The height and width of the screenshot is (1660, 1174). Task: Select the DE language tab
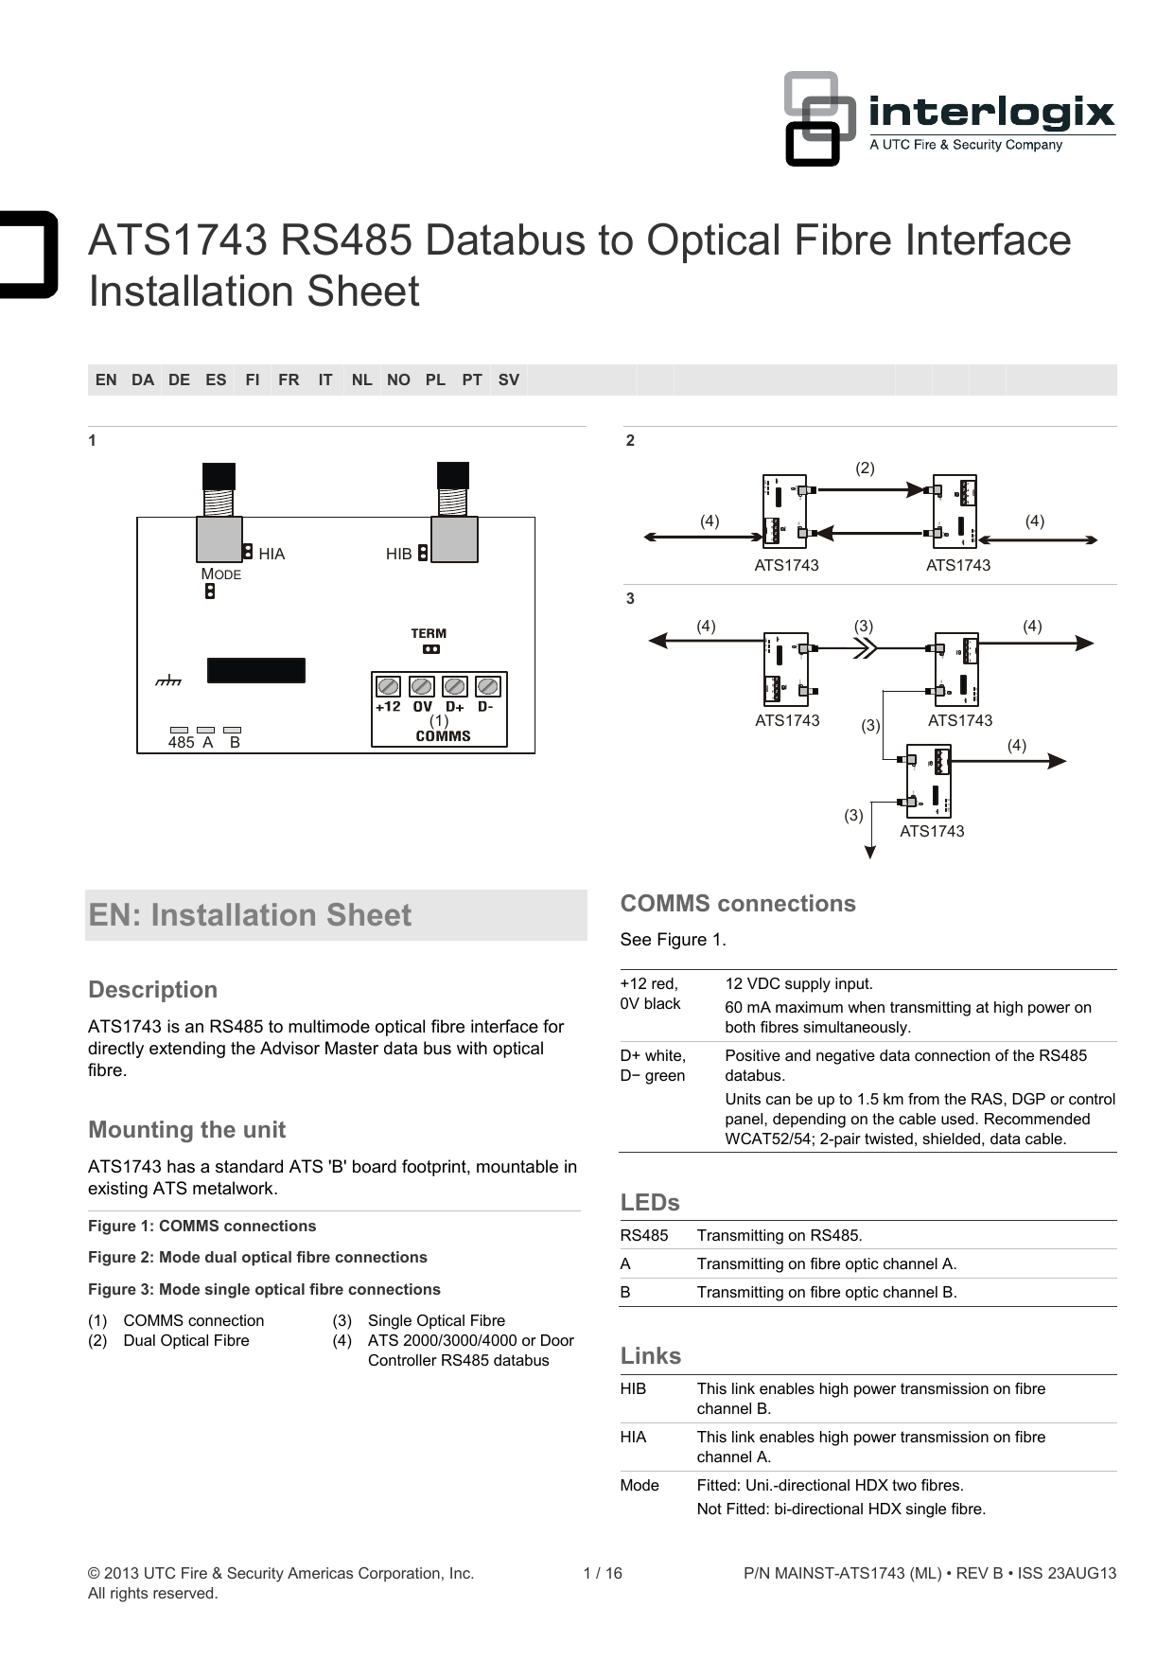tap(179, 380)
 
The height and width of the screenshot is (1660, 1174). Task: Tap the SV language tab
tap(508, 380)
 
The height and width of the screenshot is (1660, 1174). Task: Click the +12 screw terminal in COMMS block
tap(388, 686)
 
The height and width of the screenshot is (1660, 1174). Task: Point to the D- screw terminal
tap(487, 686)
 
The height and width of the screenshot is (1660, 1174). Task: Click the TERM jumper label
tap(429, 633)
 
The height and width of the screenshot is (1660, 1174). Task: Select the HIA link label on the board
tap(272, 554)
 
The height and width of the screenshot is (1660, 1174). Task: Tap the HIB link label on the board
tap(398, 554)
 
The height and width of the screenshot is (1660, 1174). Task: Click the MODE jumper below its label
tap(210, 592)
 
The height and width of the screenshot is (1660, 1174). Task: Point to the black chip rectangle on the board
tap(255, 670)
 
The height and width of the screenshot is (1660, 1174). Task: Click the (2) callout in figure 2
tap(865, 468)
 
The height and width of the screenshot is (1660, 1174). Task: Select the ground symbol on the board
tap(168, 680)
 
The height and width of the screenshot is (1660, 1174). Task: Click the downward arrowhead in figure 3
tap(869, 852)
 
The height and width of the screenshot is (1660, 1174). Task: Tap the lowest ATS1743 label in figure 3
tap(932, 831)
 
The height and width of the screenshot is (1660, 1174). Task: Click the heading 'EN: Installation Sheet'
tap(250, 915)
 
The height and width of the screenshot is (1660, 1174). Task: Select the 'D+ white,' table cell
tap(653, 1055)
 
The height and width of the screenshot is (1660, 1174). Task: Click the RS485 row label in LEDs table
tap(644, 1235)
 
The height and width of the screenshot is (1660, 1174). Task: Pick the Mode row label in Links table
tap(640, 1485)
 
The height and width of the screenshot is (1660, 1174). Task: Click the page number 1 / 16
tap(603, 1573)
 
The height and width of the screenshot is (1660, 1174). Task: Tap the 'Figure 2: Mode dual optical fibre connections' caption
tap(257, 1257)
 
